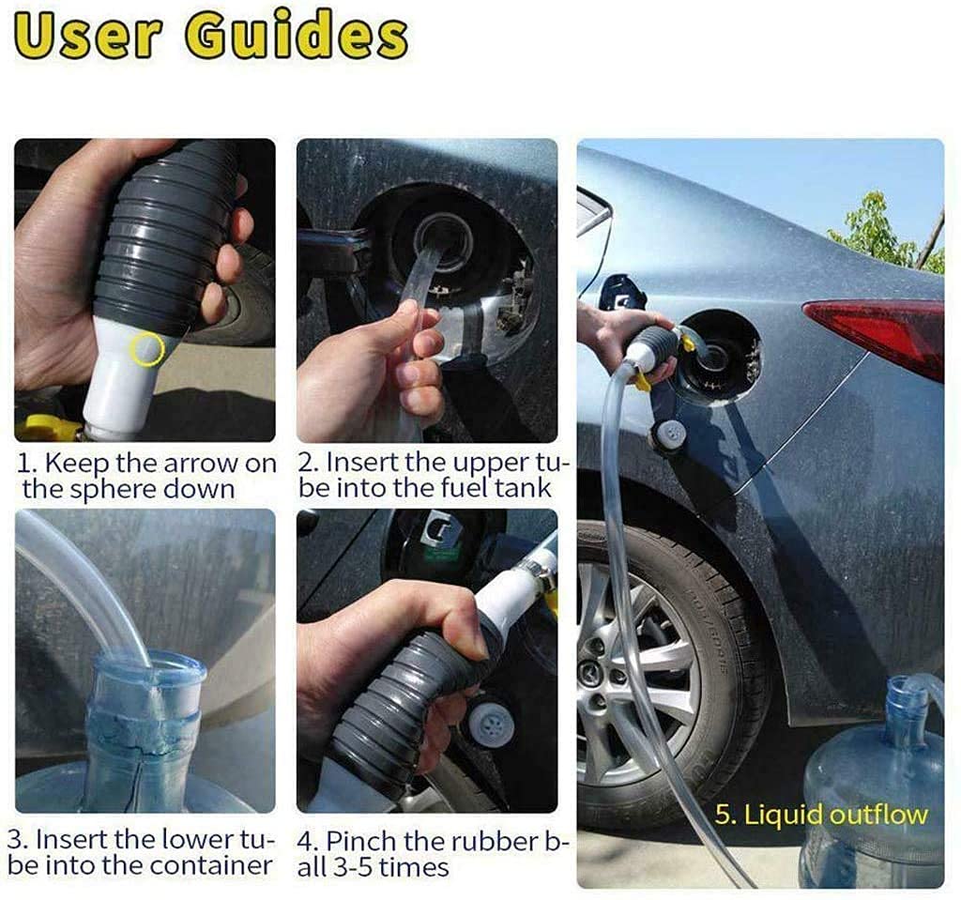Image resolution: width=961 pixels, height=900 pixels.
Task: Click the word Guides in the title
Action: click(297, 37)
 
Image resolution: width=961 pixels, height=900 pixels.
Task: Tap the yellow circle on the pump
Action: click(146, 349)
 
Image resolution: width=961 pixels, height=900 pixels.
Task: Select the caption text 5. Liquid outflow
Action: click(821, 815)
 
